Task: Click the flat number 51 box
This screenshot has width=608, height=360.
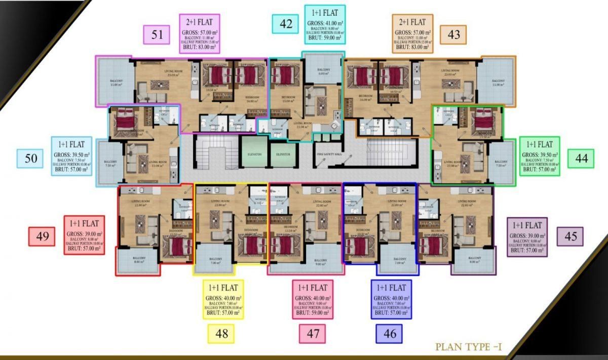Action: (x=157, y=34)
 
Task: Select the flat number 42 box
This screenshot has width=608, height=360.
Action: (x=285, y=24)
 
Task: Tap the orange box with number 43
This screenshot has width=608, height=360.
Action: (x=453, y=34)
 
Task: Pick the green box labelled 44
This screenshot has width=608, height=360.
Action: (x=581, y=158)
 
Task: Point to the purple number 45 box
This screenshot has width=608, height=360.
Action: (x=570, y=236)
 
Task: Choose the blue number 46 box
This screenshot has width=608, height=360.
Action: (x=389, y=334)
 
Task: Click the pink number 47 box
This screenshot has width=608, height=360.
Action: (x=312, y=334)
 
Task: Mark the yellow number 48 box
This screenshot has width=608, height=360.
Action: (x=221, y=334)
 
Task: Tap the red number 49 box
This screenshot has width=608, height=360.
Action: (x=42, y=236)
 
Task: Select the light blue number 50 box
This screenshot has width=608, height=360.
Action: (x=31, y=158)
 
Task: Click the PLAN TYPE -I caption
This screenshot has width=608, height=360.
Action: (x=468, y=348)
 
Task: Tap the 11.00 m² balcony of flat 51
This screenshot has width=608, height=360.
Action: (x=115, y=82)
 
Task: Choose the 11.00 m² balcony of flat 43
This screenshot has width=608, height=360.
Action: (x=497, y=82)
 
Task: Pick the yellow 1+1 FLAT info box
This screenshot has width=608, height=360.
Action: (x=223, y=299)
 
